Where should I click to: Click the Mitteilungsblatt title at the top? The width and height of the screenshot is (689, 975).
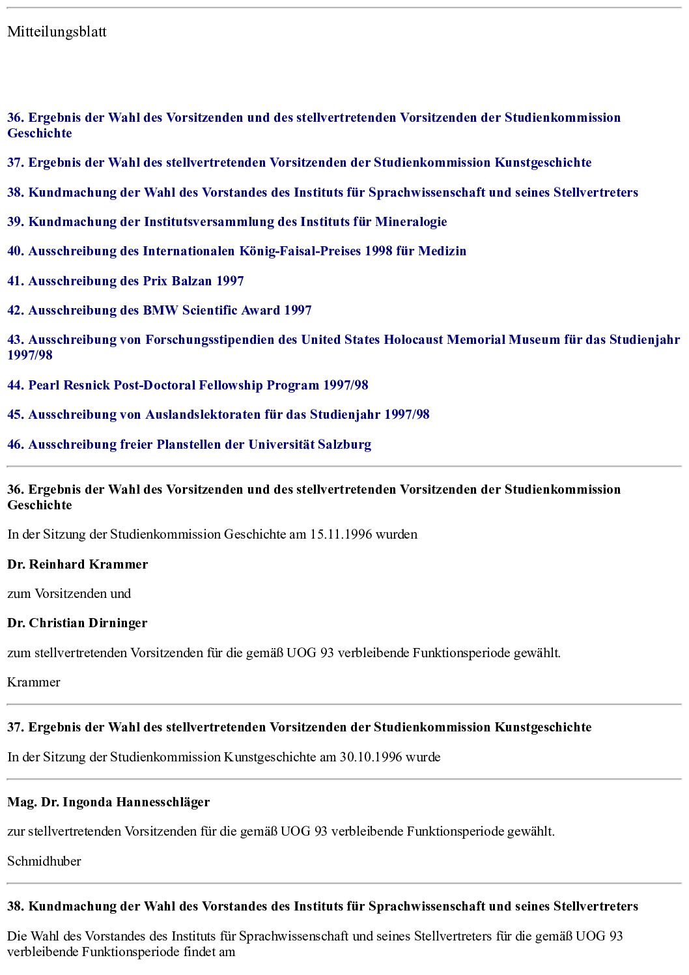(x=57, y=32)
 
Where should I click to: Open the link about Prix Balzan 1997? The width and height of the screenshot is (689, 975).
(x=126, y=281)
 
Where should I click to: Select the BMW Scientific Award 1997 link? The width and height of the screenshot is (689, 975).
(x=160, y=311)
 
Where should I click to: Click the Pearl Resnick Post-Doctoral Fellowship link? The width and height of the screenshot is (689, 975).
(x=188, y=385)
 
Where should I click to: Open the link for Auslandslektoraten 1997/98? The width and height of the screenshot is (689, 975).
(x=218, y=415)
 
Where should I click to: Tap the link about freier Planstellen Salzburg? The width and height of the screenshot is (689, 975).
(x=189, y=445)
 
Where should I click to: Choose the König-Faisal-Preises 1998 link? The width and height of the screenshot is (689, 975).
(x=236, y=251)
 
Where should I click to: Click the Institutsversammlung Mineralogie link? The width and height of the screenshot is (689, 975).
(x=227, y=222)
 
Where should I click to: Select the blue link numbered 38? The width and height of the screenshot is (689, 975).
(x=322, y=193)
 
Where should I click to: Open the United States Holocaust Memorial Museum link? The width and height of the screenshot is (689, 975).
(x=343, y=340)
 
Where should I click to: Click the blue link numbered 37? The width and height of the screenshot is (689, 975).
(x=299, y=163)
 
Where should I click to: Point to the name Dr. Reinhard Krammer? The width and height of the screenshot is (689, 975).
(x=77, y=565)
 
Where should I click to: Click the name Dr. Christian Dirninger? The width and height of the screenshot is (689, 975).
(x=77, y=623)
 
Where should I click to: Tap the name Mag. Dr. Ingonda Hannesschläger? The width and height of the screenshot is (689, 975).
(x=108, y=802)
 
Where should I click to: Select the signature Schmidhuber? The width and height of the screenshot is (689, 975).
(x=44, y=862)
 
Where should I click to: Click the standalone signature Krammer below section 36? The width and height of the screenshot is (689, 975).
(x=34, y=683)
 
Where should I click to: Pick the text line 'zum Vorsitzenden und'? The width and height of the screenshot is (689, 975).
(x=69, y=594)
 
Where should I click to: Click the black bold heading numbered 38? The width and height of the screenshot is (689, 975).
(x=322, y=907)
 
